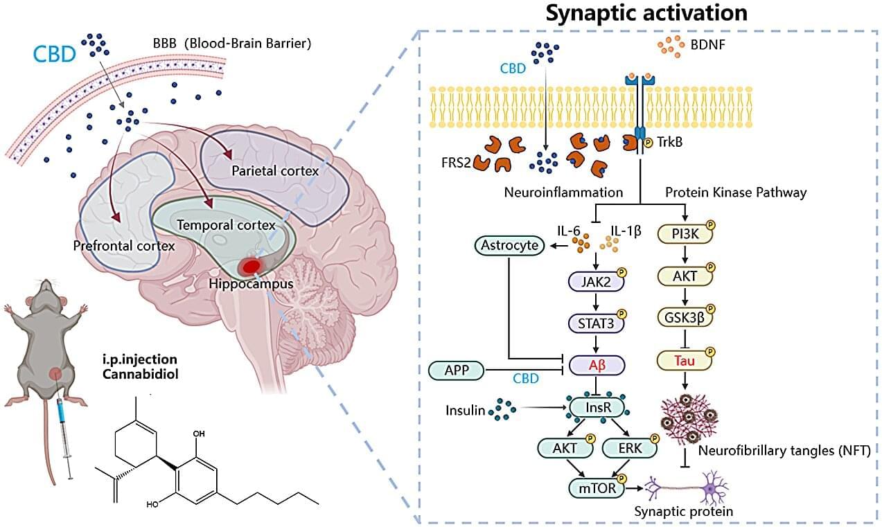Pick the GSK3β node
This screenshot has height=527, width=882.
(x=685, y=318)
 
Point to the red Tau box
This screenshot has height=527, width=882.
(x=685, y=360)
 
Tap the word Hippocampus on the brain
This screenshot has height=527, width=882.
(x=252, y=283)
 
